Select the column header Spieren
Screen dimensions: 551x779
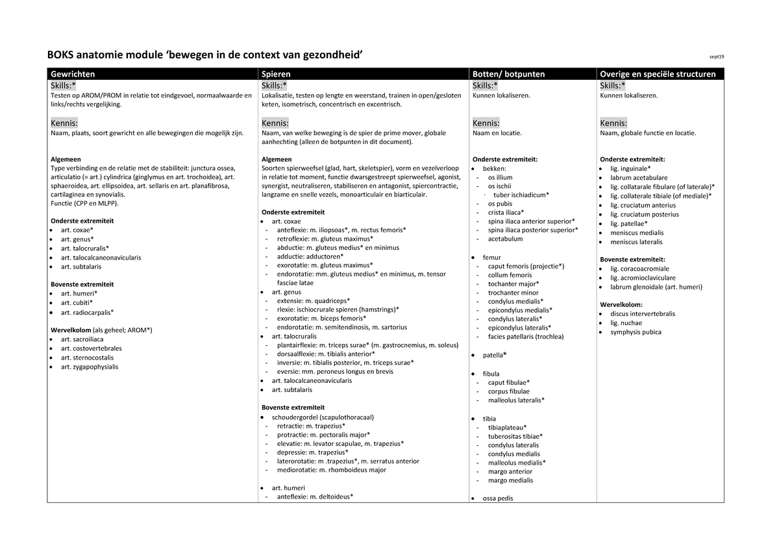[276, 74]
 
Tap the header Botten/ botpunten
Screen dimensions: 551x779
[508, 74]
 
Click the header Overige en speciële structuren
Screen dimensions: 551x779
[658, 74]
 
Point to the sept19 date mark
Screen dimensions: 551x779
[716, 56]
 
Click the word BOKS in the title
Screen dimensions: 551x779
[61, 55]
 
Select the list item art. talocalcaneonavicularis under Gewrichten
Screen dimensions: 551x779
[101, 258]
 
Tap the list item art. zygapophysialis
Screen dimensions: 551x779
[90, 367]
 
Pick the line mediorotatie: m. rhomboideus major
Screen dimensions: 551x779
[331, 470]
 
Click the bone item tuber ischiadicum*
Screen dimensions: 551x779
[521, 194]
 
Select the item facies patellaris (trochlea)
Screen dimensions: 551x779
[526, 337]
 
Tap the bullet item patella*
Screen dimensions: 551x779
[495, 356]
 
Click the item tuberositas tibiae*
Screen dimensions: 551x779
[515, 436]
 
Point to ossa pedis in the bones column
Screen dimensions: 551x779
[498, 498]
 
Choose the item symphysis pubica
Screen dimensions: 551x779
[636, 332]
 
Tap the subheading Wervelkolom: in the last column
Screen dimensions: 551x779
[621, 304]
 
